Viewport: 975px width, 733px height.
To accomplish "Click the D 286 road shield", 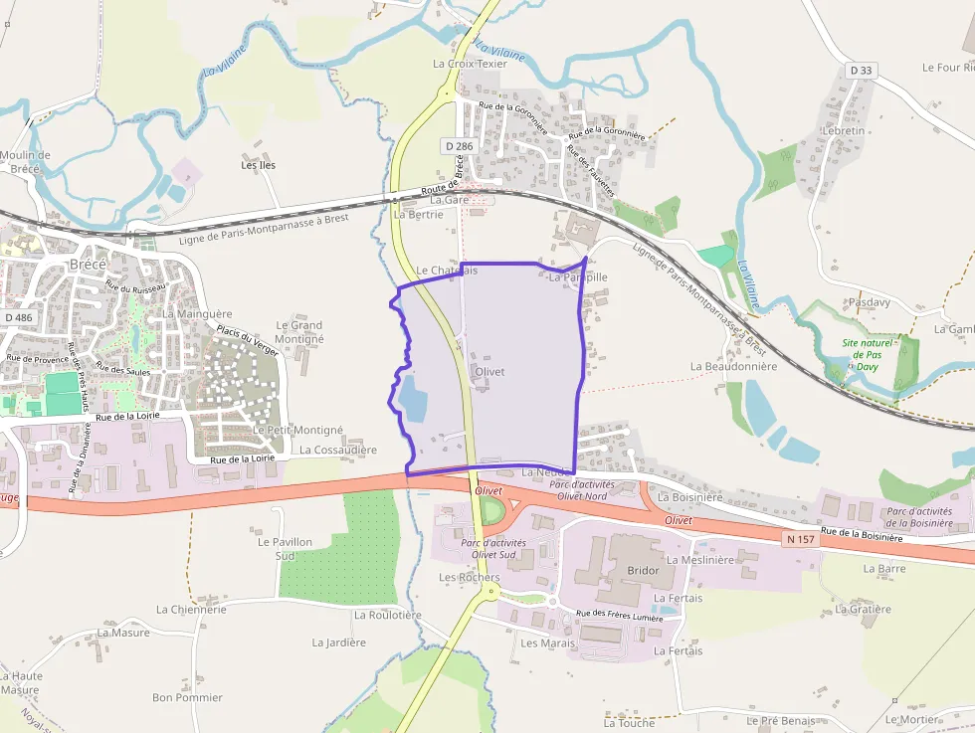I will click(x=459, y=146).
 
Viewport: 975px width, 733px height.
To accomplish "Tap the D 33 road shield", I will click(x=862, y=71).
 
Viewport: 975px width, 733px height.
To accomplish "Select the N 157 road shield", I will click(x=799, y=539).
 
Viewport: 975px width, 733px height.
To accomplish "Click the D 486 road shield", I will click(x=18, y=317).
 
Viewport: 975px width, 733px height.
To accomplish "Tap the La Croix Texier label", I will click(x=470, y=64).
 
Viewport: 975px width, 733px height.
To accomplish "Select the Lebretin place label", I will click(x=844, y=130).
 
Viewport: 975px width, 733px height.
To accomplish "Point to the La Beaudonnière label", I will click(x=733, y=366).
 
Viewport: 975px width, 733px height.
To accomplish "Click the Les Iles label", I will click(x=259, y=165).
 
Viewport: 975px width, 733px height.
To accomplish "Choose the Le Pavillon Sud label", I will click(x=285, y=548).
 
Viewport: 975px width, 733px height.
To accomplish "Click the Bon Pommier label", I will click(x=187, y=697).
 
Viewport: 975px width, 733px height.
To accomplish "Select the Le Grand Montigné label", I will click(x=299, y=332).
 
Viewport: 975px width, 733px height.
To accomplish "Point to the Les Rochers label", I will click(x=469, y=577).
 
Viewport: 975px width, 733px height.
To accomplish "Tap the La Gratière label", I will click(x=863, y=609).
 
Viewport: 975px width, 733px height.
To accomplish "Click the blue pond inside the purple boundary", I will click(x=412, y=400).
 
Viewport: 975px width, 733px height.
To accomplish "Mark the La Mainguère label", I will click(x=197, y=313).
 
